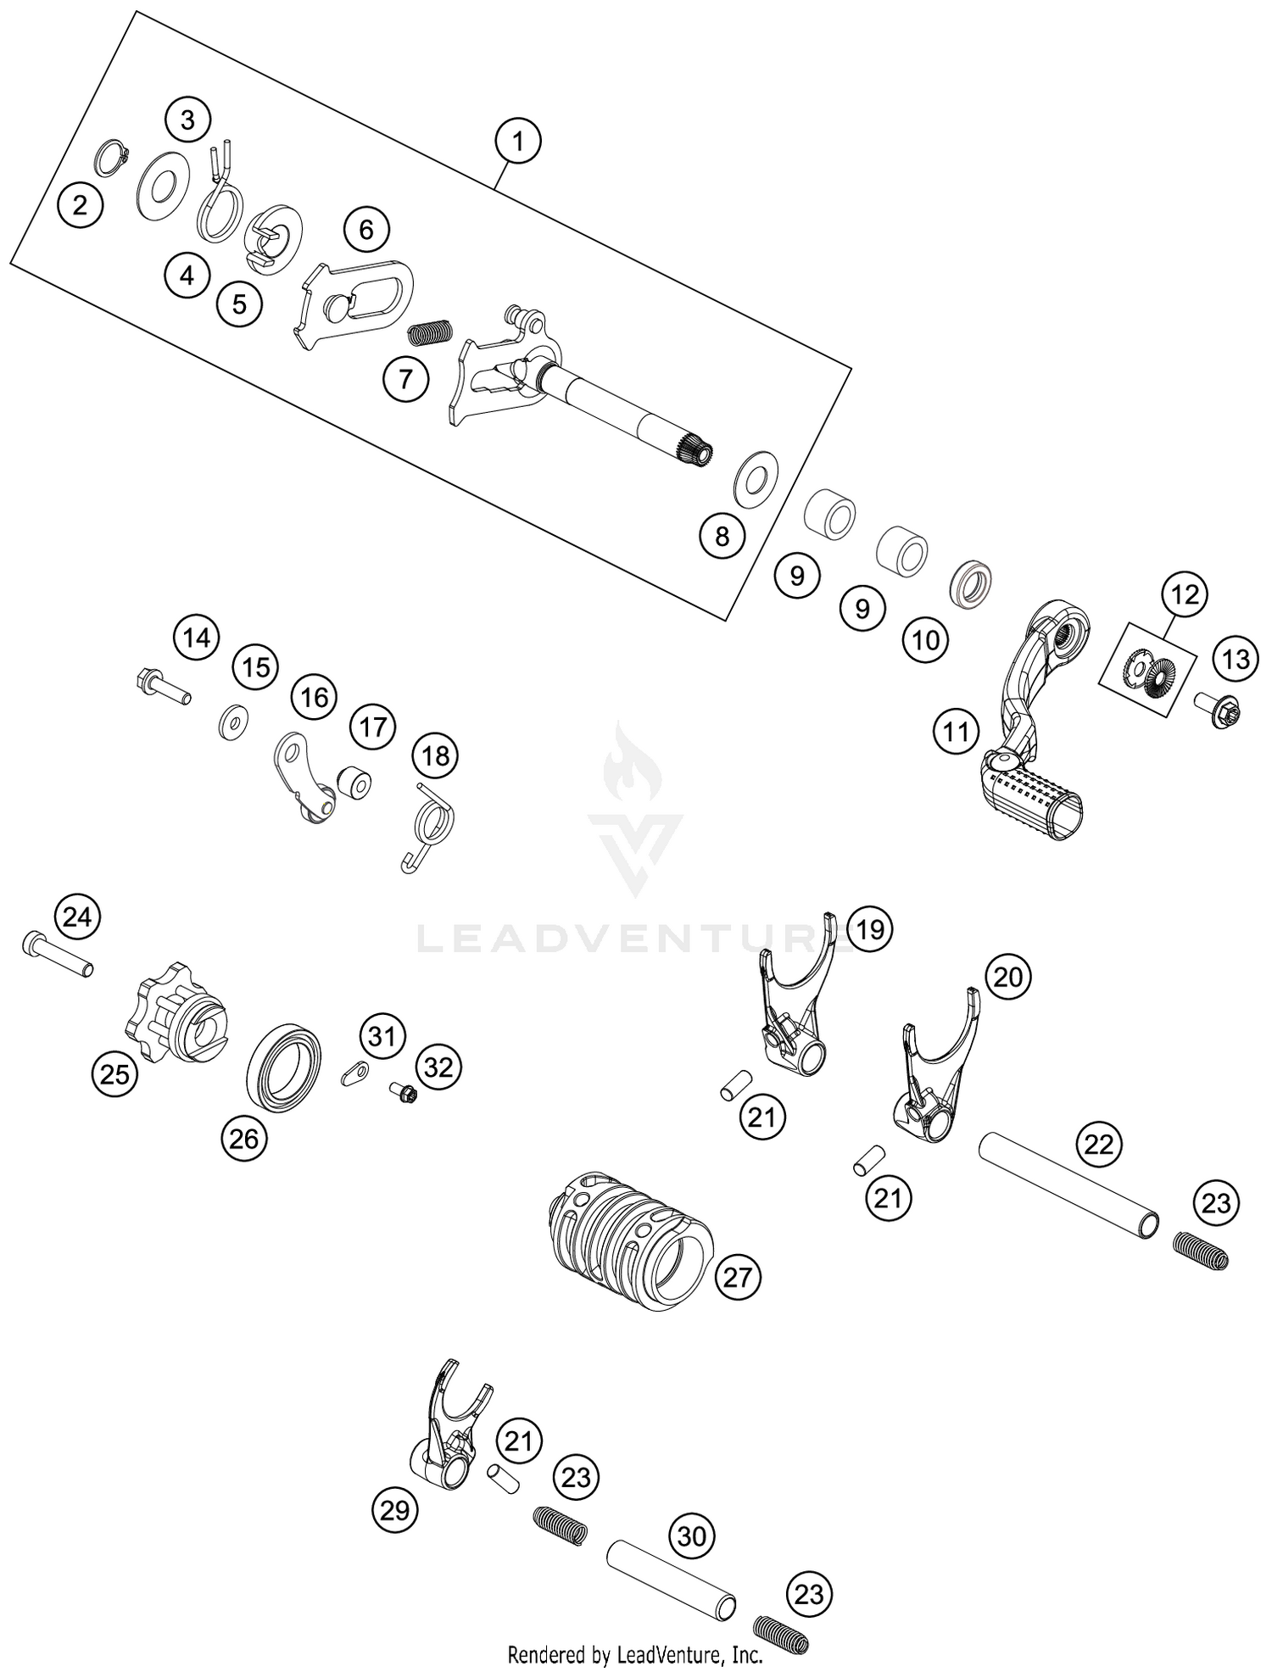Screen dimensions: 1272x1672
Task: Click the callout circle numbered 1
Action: pos(518,142)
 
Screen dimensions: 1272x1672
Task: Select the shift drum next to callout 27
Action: pos(630,1239)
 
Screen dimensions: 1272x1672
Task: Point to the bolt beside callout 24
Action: pos(57,952)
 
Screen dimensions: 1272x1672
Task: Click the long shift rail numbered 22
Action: pos(1070,1186)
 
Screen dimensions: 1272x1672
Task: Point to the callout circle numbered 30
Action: pos(692,1535)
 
